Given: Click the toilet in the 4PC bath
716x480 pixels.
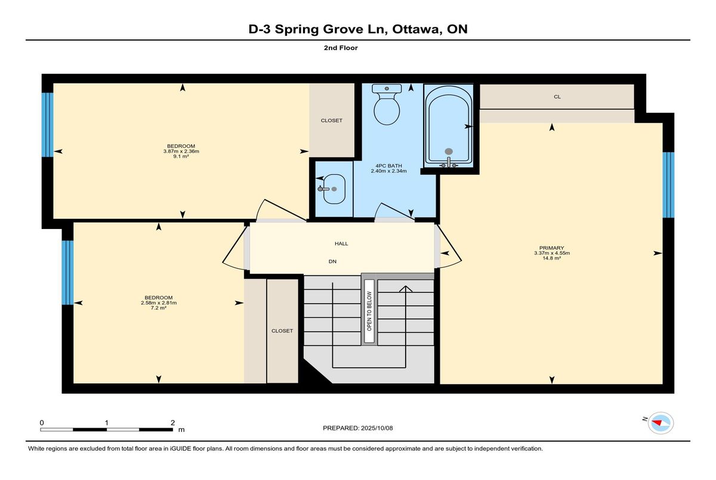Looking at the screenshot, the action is click(x=387, y=104).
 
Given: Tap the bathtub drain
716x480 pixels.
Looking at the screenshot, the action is click(x=449, y=151).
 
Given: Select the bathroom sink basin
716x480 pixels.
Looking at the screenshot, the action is click(x=334, y=189).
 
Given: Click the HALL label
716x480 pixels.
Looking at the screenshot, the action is click(x=341, y=244).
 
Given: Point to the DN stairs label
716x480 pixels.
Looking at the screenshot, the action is click(x=332, y=262).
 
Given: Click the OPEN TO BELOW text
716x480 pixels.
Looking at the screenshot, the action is click(x=369, y=311).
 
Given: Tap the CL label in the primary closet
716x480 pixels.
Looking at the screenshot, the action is click(x=557, y=97).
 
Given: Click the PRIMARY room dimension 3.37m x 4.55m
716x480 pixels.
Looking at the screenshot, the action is click(x=552, y=253).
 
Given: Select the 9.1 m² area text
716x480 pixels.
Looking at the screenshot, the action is click(x=181, y=156).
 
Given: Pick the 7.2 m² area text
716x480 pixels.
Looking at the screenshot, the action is click(x=159, y=308).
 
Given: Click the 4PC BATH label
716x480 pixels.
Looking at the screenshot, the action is click(x=388, y=166).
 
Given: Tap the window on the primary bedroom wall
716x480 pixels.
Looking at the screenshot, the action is click(x=668, y=185).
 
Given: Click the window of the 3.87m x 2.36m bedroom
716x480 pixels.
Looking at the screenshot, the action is click(x=47, y=125).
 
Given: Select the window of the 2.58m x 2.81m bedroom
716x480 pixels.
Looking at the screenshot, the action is click(x=67, y=272).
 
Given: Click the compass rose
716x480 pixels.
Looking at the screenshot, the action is click(x=661, y=423).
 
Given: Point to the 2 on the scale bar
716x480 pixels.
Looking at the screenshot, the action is click(x=172, y=423).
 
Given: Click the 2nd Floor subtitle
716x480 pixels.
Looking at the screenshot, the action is click(x=341, y=48).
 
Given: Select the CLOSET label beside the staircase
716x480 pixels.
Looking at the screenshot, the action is click(x=282, y=331).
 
